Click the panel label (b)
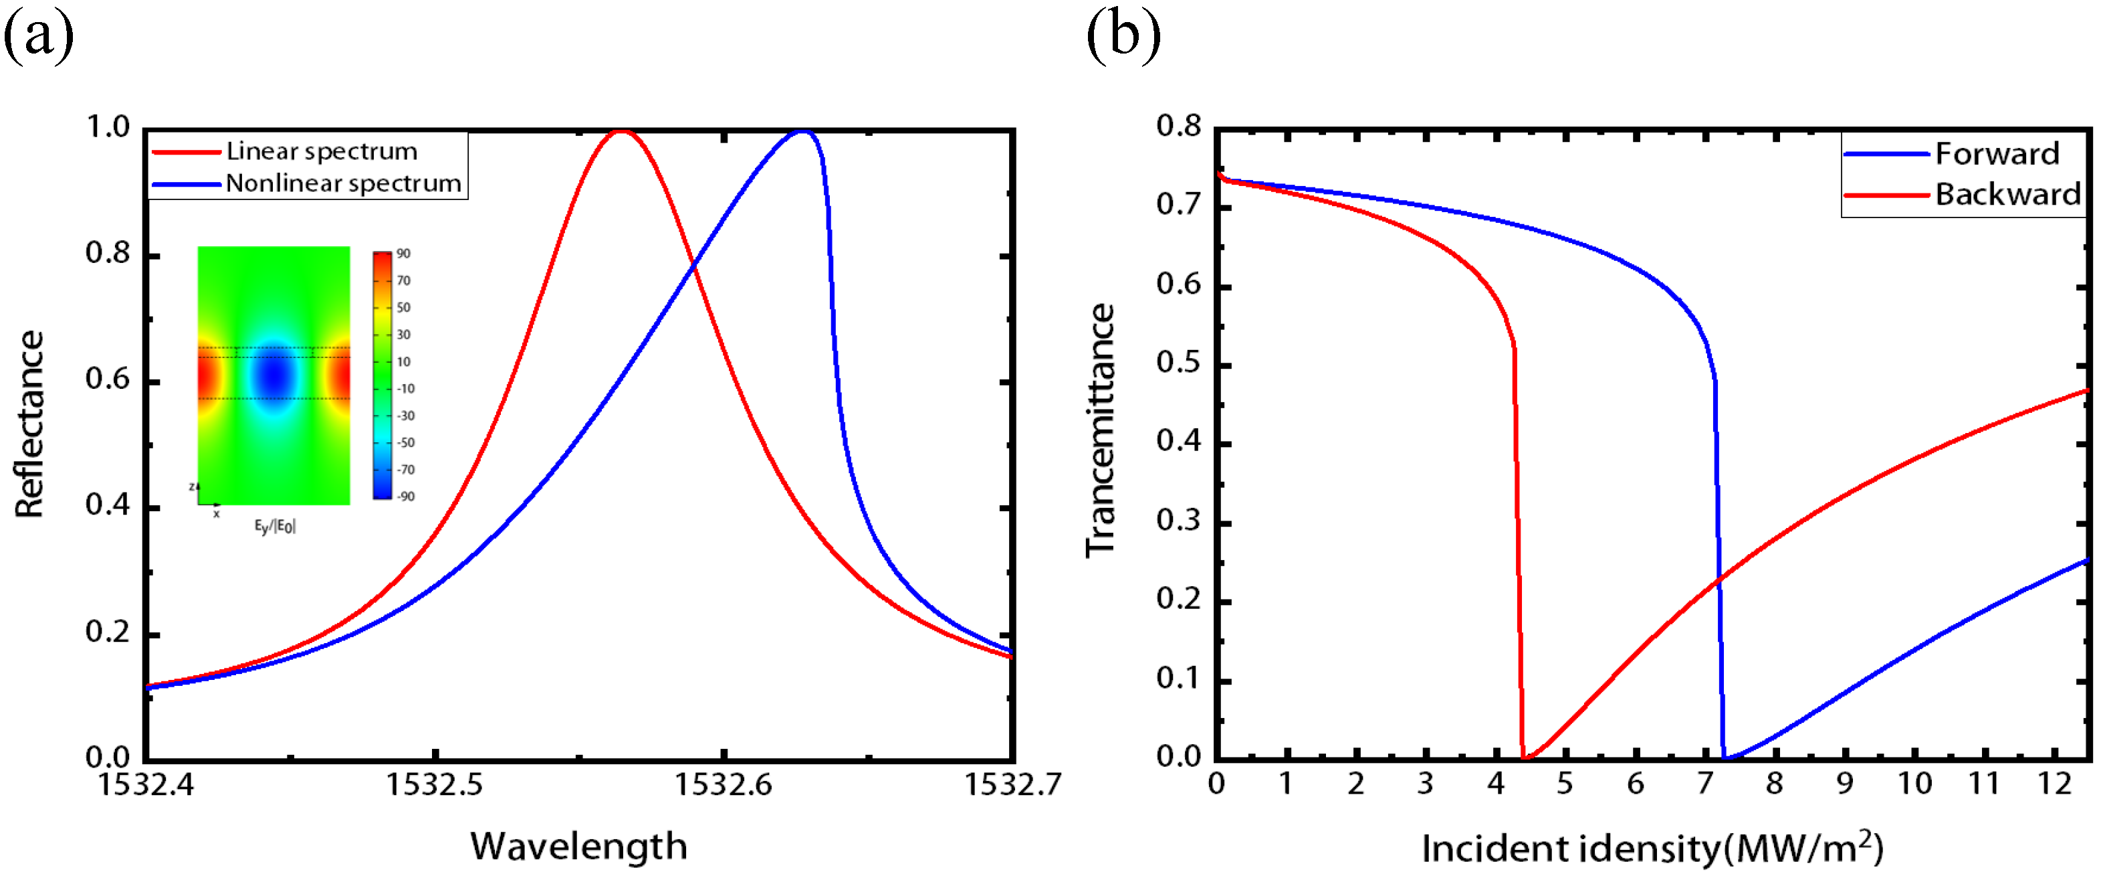(1123, 36)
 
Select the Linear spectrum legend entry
(322, 151)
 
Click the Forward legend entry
(1997, 153)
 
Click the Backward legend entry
(2007, 194)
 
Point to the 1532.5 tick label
(434, 784)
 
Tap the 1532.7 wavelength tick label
(1012, 784)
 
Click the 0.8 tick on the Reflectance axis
(108, 254)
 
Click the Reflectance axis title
(30, 424)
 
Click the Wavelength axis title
(578, 847)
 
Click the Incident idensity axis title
(1652, 849)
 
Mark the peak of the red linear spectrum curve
(623, 130)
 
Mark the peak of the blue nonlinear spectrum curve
(803, 130)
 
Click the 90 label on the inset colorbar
(404, 254)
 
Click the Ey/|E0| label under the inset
(274, 527)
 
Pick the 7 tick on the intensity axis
(1704, 784)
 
